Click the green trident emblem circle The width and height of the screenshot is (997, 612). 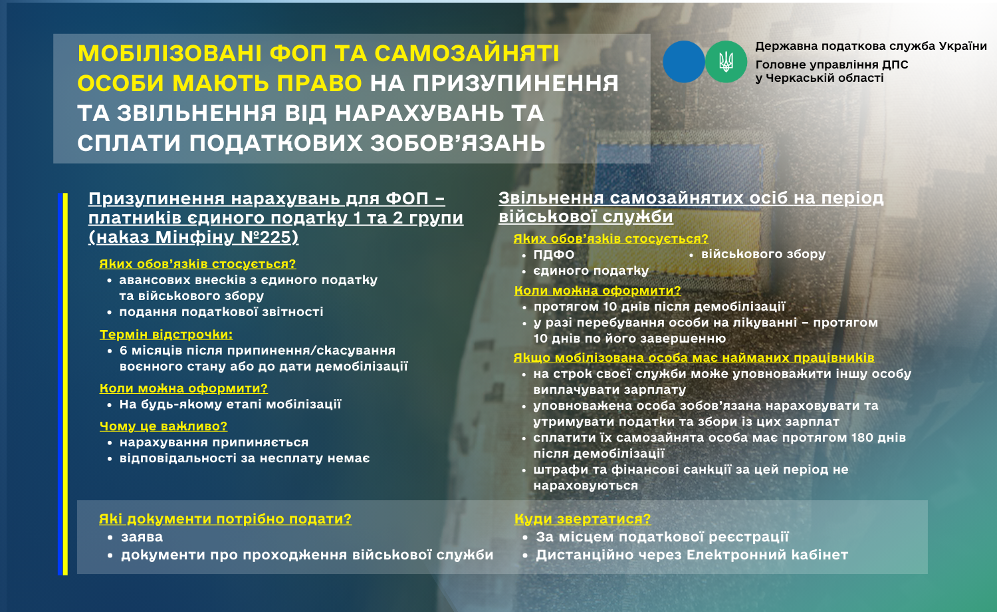click(726, 62)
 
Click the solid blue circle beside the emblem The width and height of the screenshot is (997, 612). click(684, 62)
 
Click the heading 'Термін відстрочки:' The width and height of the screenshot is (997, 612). click(166, 334)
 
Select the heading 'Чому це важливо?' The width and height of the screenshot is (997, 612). click(164, 426)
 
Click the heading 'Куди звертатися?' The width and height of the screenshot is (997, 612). click(582, 519)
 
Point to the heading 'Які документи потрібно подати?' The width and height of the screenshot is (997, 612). click(225, 519)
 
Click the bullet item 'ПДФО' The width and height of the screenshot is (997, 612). click(554, 254)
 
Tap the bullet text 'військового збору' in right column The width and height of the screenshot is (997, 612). click(763, 254)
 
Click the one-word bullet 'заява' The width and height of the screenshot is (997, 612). click(142, 537)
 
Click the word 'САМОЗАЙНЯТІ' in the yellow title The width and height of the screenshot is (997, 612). click(467, 53)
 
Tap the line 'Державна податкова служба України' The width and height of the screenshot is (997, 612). click(871, 47)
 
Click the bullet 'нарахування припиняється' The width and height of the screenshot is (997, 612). click(213, 442)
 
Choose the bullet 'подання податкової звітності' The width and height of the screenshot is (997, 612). click(221, 312)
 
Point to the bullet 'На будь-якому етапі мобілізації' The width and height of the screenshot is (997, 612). click(230, 404)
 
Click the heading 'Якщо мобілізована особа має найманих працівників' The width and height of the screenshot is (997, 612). click(694, 358)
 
